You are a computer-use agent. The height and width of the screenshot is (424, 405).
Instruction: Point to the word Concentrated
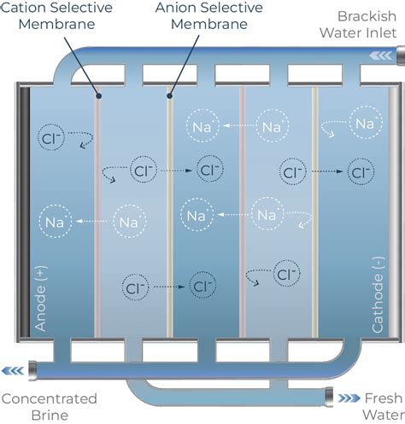(x=49, y=398)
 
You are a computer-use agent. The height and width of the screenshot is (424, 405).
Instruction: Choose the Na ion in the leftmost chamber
(x=56, y=224)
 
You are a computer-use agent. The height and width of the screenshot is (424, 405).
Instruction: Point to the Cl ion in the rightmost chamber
(x=356, y=172)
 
